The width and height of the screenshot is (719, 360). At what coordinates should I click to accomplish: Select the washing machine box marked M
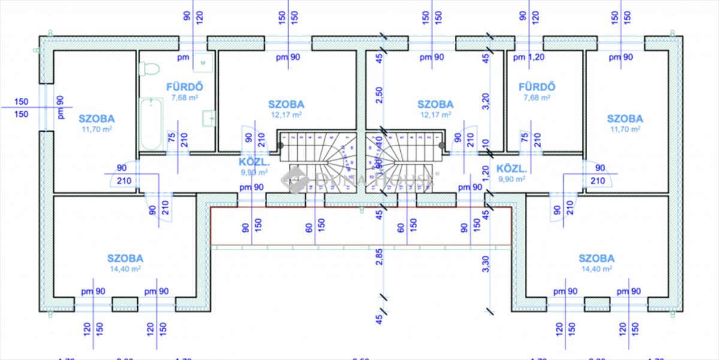tap(204, 62)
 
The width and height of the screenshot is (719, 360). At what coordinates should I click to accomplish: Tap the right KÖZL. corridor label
tap(512, 168)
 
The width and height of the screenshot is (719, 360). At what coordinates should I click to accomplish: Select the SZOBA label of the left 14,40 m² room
tap(125, 259)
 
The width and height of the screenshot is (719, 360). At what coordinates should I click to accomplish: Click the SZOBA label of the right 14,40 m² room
tap(596, 259)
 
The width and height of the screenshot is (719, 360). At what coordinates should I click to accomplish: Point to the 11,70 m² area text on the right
tap(624, 129)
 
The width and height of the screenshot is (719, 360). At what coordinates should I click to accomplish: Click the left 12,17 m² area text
tap(286, 114)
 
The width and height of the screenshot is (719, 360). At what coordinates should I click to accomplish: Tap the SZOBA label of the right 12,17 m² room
tap(435, 104)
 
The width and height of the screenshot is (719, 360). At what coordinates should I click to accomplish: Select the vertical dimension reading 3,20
tap(487, 101)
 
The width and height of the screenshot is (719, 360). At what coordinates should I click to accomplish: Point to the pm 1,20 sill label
tap(528, 58)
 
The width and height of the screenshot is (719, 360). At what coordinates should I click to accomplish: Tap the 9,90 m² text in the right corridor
tap(512, 179)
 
